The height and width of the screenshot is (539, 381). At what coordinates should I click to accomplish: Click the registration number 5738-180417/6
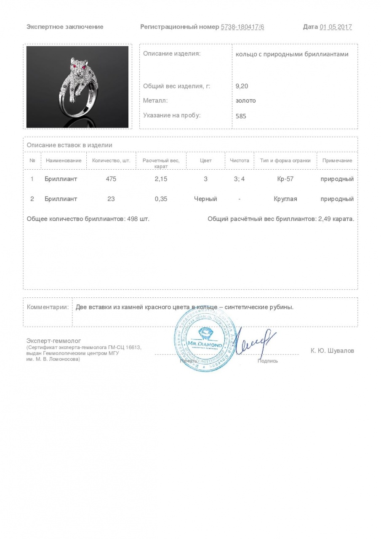[242, 27]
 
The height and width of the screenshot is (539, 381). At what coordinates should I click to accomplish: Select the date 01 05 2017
[336, 27]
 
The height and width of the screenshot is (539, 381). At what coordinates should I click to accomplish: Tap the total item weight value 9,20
[242, 86]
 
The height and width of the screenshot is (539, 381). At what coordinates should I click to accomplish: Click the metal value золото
[246, 101]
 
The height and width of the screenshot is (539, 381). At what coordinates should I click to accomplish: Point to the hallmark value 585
[241, 116]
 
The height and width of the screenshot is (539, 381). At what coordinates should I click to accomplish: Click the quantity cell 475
[111, 179]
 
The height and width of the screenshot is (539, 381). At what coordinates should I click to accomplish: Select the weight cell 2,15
[161, 179]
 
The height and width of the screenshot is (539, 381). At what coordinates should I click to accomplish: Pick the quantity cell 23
[111, 199]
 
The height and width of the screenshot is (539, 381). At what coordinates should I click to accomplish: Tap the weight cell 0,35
[161, 199]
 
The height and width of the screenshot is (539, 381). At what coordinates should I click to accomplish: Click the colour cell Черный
[205, 199]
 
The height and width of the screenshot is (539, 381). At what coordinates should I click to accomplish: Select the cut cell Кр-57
[285, 179]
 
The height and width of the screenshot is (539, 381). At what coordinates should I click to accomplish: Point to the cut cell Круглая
[285, 199]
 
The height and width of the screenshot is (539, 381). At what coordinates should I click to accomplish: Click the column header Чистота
[240, 160]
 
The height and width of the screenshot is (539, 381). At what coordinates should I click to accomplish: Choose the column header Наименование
[64, 160]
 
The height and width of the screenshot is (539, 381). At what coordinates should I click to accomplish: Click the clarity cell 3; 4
[239, 179]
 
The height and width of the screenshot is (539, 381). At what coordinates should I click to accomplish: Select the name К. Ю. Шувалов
[332, 350]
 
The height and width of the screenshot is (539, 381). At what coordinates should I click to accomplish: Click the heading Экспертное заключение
[65, 27]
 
